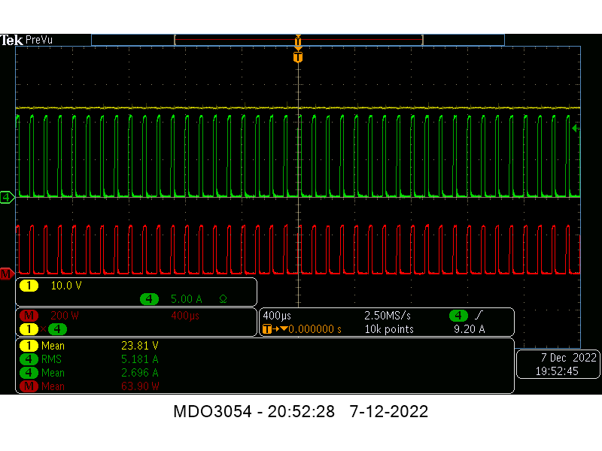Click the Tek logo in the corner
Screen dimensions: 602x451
pos(11,40)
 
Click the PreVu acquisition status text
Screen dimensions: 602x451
pos(39,40)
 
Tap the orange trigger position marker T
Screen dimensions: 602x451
pos(298,58)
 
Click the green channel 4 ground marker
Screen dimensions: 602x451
pos(7,198)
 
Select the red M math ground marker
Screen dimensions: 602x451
pos(7,274)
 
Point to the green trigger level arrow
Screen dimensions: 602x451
pos(576,128)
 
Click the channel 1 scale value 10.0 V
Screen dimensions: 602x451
pos(66,286)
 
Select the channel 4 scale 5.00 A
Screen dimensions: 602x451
pos(186,299)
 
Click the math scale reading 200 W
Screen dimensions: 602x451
pos(65,316)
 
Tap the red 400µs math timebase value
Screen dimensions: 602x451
pos(185,316)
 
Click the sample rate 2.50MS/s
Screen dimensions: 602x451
pos(388,316)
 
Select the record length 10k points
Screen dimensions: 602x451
pos(389,329)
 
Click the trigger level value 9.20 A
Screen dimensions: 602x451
pos(469,329)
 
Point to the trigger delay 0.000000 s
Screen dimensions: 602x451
pos(315,329)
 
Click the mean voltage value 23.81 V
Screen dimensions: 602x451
pos(140,346)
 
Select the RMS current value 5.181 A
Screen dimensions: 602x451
pos(140,359)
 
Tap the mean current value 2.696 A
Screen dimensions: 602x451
pos(140,373)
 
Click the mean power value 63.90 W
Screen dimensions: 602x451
pos(140,386)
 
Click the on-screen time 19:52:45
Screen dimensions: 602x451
pos(557,371)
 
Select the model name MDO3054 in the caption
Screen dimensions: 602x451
pos(212,411)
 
